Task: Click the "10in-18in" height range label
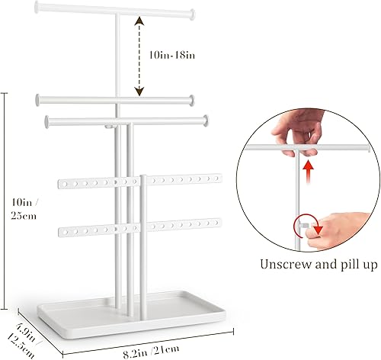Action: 172,55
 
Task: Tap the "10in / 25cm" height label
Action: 24,209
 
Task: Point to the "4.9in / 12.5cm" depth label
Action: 23,339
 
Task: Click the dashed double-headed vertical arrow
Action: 139,56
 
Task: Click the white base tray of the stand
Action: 131,314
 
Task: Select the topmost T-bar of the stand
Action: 115,11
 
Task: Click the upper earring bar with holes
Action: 139,181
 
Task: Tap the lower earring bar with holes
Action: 139,227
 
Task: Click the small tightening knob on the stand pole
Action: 109,126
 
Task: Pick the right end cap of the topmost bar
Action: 192,14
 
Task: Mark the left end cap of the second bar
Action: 38,100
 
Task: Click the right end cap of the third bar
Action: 206,121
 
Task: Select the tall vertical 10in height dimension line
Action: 4,201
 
